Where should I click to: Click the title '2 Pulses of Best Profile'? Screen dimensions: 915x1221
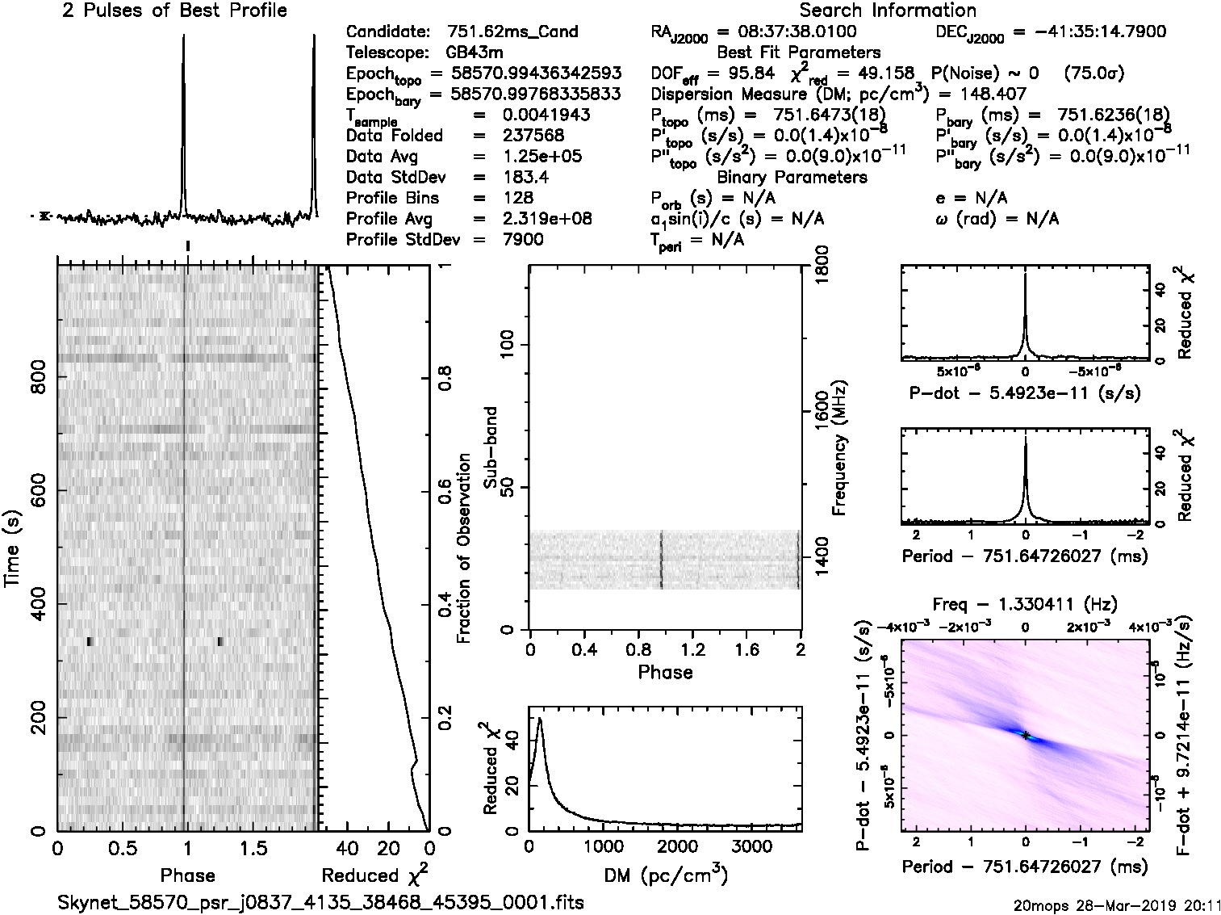pos(174,10)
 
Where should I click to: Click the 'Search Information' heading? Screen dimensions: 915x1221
pos(888,10)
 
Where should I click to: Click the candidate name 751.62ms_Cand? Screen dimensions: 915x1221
pos(512,31)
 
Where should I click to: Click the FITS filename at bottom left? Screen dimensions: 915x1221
pos(320,901)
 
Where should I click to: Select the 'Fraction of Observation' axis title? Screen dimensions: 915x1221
pos(463,548)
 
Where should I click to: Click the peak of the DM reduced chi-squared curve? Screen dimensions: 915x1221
pos(539,719)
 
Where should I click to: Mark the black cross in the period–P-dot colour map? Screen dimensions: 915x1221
pos(1025,735)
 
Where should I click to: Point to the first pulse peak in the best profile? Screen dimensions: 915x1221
pos(184,36)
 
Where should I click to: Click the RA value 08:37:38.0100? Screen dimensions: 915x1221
pos(787,31)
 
